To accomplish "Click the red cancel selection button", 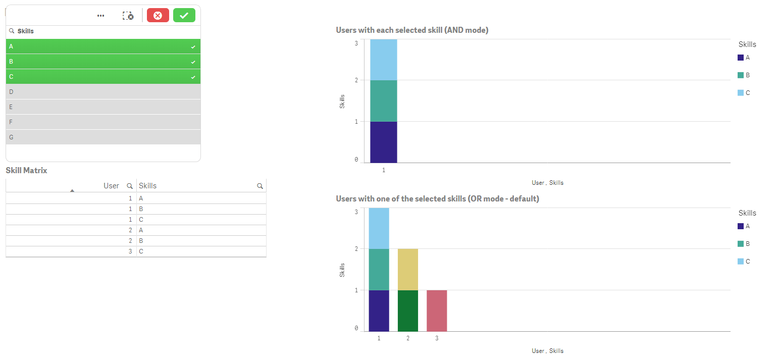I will (x=158, y=16).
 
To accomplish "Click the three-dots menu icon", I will (x=101, y=16).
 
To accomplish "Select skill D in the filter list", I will (x=103, y=92).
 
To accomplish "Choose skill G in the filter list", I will (x=103, y=137).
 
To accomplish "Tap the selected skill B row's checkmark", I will (x=193, y=62).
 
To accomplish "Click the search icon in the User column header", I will (x=130, y=186).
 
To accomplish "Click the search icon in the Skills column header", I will (x=260, y=186).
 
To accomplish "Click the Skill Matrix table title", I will (x=26, y=171).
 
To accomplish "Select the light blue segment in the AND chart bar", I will (x=383, y=60).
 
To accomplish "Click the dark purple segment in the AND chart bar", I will (x=383, y=142).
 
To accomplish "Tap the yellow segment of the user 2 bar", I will (x=407, y=269).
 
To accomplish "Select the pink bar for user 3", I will (x=437, y=311).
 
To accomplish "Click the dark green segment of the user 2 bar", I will (x=407, y=311).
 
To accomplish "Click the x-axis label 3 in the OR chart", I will (x=437, y=338).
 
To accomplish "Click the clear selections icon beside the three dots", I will (x=128, y=16).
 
